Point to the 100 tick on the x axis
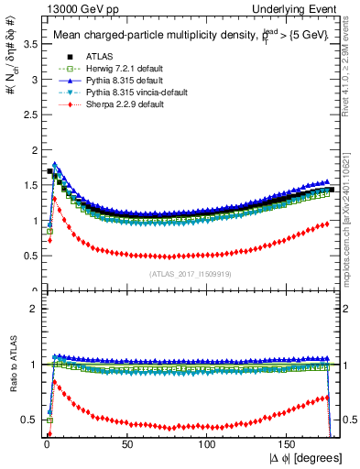pyautogui.click(x=207, y=442)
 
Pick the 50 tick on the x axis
pyautogui.click(x=127, y=442)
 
